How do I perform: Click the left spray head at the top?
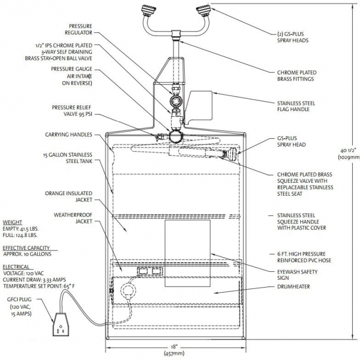point(149,10)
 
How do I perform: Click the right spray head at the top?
point(203,10)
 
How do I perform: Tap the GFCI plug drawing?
point(61,325)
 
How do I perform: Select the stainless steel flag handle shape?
point(199,106)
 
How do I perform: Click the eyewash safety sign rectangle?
point(188,253)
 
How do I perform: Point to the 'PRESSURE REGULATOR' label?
point(78,29)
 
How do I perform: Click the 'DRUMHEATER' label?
point(294,287)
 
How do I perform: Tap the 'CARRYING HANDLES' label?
point(69,135)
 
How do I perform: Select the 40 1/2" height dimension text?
point(349,154)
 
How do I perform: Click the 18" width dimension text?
point(174,350)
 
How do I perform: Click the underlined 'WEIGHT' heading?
point(12,222)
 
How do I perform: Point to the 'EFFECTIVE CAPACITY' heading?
point(26,248)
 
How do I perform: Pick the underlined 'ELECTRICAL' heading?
point(16,267)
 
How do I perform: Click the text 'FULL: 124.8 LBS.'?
point(20,235)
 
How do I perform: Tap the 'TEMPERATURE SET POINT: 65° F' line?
point(39,286)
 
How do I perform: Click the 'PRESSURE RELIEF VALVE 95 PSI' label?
point(72,111)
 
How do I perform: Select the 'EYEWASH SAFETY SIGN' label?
point(297,275)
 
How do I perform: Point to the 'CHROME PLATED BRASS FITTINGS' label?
point(297,76)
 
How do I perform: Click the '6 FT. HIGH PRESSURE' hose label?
point(301,254)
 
